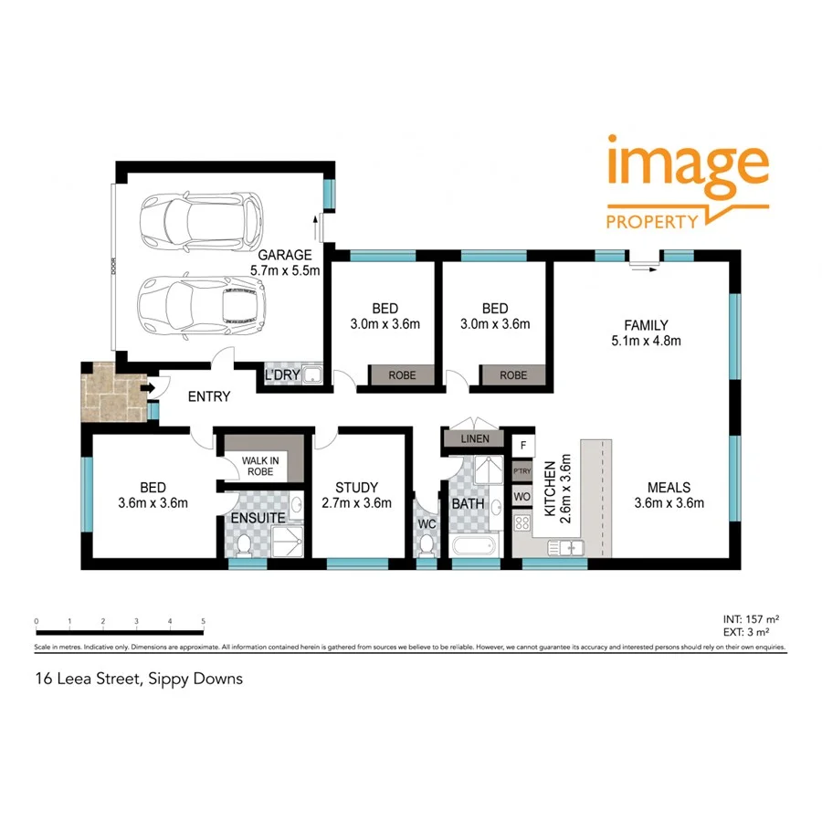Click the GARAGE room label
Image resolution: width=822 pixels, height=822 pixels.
[x=285, y=256]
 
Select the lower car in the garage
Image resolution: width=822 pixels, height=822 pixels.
[x=202, y=304]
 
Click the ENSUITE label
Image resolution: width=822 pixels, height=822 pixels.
[x=258, y=518]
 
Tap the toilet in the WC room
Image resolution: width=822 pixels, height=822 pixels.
[x=427, y=544]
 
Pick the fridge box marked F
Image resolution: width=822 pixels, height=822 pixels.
[x=523, y=446]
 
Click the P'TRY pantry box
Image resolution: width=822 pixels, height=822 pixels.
[x=522, y=472]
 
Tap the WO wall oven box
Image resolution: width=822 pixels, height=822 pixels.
[x=522, y=498]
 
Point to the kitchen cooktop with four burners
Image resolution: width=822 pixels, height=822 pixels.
[x=523, y=523]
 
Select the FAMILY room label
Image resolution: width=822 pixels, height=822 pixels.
[x=646, y=325]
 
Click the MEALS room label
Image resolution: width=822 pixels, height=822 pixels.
[x=669, y=487]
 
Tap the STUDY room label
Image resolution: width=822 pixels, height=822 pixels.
[x=356, y=488]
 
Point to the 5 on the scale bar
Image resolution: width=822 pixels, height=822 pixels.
[x=203, y=622]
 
